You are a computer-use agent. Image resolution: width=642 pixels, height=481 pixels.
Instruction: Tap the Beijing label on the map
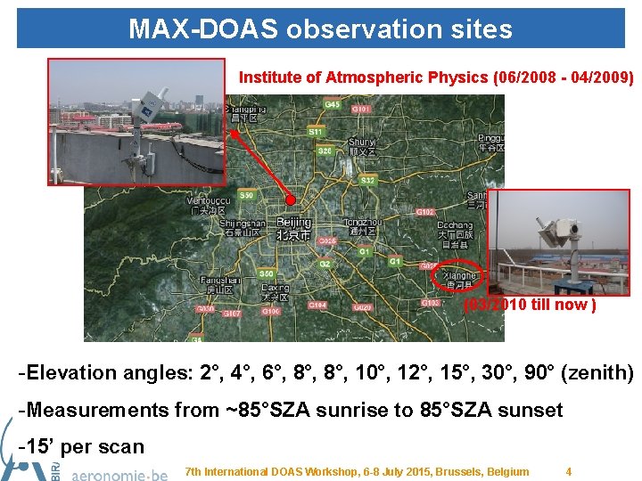tap(293, 222)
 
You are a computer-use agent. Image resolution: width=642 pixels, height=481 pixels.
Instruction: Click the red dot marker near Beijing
tap(292, 200)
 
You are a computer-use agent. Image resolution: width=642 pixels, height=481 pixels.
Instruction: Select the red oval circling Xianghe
tap(457, 278)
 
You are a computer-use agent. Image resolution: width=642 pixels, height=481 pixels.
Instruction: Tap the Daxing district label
tap(275, 288)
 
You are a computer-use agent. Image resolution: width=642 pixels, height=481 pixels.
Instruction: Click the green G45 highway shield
tap(332, 105)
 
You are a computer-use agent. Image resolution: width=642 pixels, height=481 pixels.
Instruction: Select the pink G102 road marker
tap(425, 212)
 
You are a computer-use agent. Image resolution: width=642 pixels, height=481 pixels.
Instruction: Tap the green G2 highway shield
tap(325, 264)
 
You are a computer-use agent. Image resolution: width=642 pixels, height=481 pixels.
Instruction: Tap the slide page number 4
tap(569, 471)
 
